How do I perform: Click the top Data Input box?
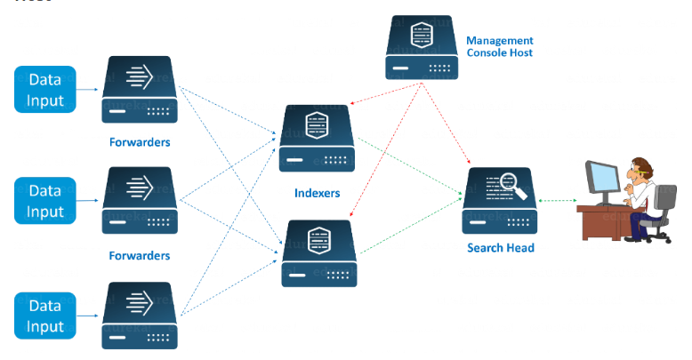[x=45, y=90]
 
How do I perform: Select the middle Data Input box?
[x=45, y=201]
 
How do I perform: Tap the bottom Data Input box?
[x=45, y=316]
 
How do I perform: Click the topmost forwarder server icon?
[x=140, y=89]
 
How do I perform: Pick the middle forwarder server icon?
[x=140, y=201]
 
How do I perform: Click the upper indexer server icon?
[x=317, y=138]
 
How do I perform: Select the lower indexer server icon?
[x=318, y=252]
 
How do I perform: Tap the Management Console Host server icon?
[x=421, y=47]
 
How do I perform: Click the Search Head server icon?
[x=498, y=201]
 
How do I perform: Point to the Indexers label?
[x=317, y=192]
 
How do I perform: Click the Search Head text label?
[x=501, y=248]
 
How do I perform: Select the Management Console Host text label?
[x=499, y=46]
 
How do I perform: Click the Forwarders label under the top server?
[x=140, y=142]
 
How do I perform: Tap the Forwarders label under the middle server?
[x=139, y=255]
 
